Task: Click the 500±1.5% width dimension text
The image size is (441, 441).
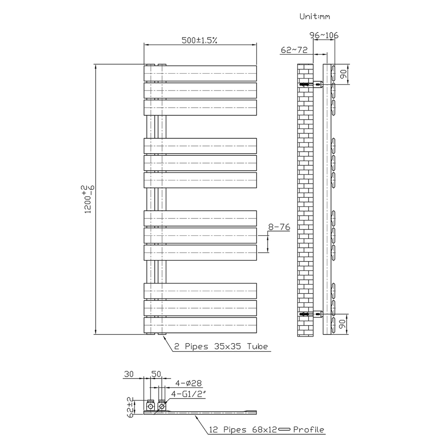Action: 199,41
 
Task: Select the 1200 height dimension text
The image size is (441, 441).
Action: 88,199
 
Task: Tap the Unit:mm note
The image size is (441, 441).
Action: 315,16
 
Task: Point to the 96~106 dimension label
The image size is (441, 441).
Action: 324,35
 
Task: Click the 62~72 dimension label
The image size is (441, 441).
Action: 294,50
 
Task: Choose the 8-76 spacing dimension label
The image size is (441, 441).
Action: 279,227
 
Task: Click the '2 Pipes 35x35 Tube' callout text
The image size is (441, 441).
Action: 221,347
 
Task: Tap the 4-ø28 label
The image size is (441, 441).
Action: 188,383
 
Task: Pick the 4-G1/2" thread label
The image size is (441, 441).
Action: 189,394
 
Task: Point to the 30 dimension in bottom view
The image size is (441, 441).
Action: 129,374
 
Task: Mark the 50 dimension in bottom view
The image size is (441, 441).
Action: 156,374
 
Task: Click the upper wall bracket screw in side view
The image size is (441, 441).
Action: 306,84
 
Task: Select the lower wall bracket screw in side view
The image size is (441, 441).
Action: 306,314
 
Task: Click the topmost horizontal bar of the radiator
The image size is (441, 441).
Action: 200,73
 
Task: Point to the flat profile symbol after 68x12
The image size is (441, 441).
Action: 284,430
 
